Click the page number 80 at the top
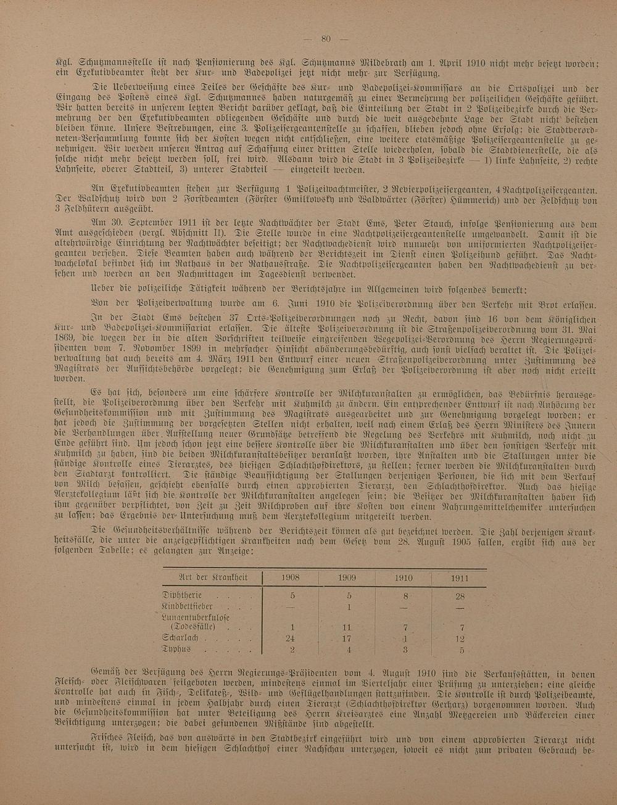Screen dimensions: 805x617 click(x=326, y=39)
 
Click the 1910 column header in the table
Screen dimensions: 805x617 click(x=404, y=578)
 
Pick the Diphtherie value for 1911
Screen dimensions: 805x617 click(x=459, y=596)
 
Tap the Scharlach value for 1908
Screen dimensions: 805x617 click(x=291, y=638)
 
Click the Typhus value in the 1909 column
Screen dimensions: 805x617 click(x=349, y=650)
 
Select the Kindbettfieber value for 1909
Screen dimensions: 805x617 click(x=349, y=607)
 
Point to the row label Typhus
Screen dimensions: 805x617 click(x=176, y=650)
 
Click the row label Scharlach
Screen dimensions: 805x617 click(x=180, y=638)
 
